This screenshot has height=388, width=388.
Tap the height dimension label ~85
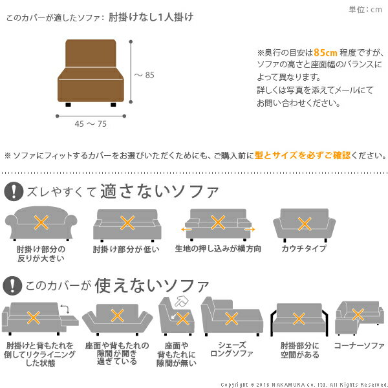tap(144, 75)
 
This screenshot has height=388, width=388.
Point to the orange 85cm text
tap(323, 52)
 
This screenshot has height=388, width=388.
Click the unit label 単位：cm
tap(365, 9)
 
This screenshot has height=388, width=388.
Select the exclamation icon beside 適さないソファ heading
tap(14, 192)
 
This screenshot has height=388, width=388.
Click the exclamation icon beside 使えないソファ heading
tap(14, 285)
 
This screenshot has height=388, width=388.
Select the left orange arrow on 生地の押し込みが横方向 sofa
tap(186, 228)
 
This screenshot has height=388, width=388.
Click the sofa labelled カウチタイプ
tap(303, 224)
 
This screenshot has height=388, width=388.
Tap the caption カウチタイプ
tap(303, 248)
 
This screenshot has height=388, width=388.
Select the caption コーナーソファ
tap(359, 346)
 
